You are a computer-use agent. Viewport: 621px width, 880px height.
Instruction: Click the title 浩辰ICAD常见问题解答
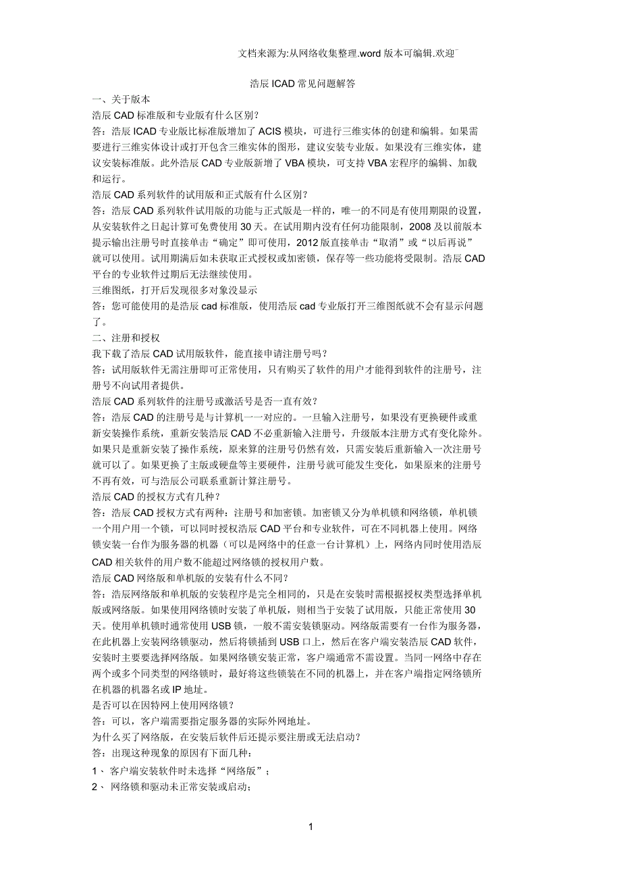tap(302, 84)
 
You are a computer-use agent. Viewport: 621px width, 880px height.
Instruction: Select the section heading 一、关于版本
tap(121, 99)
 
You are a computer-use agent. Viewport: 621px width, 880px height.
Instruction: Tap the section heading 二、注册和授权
tap(126, 337)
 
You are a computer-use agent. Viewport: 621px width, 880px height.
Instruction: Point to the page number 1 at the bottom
tap(310, 827)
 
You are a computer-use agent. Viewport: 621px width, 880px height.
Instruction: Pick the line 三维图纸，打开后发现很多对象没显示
tap(174, 290)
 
